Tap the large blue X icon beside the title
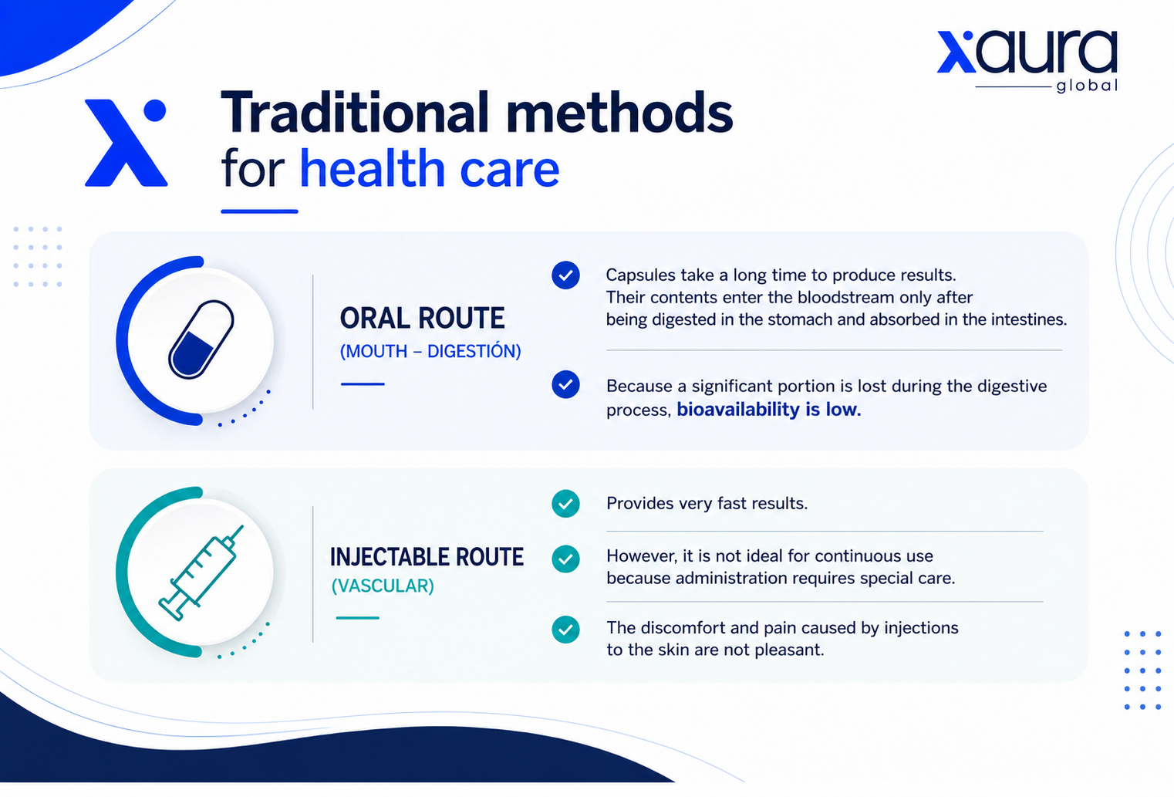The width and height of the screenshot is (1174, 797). point(126,143)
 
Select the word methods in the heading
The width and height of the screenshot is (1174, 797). point(619,112)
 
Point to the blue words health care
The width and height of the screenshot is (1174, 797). point(429,169)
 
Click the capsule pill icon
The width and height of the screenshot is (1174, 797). point(201,339)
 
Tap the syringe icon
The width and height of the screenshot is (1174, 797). point(201,572)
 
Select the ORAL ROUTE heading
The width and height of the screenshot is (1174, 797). point(423,318)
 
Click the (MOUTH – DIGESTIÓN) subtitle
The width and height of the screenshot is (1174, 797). point(430,351)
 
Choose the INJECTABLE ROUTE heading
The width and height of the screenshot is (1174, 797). point(427,557)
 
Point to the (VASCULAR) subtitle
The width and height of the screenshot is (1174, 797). point(383,586)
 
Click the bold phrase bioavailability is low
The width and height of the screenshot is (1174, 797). point(769,409)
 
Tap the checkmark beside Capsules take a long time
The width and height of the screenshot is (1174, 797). point(565,275)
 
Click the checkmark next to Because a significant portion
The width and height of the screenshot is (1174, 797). point(565,384)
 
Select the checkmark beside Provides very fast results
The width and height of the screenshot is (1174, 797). point(565,503)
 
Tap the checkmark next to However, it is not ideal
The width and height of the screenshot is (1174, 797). point(565,559)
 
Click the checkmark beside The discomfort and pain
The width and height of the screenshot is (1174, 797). point(565,630)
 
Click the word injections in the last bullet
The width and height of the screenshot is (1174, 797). point(921,628)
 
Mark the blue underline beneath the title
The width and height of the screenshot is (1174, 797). point(259,211)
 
